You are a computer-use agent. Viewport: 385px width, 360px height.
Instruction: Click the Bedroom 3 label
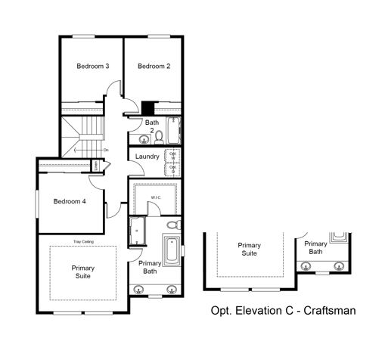tap(93, 67)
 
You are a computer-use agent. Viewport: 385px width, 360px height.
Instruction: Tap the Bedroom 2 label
tap(154, 67)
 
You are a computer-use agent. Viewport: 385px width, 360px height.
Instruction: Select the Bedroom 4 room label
tap(69, 201)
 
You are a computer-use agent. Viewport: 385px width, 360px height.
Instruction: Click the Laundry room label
tap(147, 157)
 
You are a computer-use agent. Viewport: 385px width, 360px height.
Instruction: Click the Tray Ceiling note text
tap(83, 242)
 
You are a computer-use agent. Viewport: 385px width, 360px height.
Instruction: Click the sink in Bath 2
tap(144, 139)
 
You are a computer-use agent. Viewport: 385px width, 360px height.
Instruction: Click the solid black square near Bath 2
tap(147, 107)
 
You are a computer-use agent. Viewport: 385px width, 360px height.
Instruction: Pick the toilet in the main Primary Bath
tap(172, 225)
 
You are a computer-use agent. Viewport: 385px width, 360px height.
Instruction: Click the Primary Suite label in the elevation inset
tap(250, 250)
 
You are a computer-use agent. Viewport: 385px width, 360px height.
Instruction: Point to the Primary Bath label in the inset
tap(316, 248)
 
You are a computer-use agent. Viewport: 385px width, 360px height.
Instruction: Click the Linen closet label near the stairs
tap(96, 166)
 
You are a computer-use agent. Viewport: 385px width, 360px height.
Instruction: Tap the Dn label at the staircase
tap(106, 149)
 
